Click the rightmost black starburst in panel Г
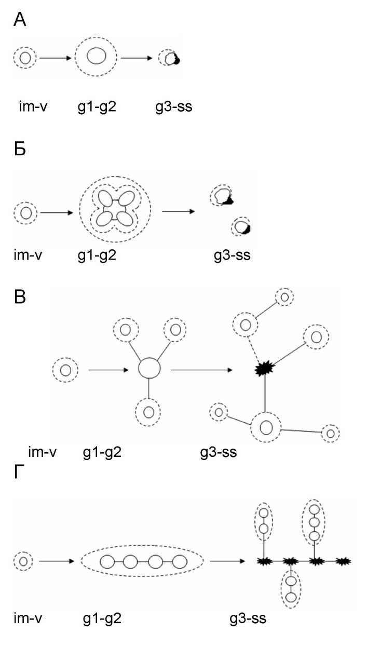[x=343, y=561]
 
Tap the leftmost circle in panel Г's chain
[x=107, y=561]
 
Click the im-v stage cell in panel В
[x=65, y=370]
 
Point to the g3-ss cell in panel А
[x=169, y=58]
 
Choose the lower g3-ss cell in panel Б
[x=241, y=226]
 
